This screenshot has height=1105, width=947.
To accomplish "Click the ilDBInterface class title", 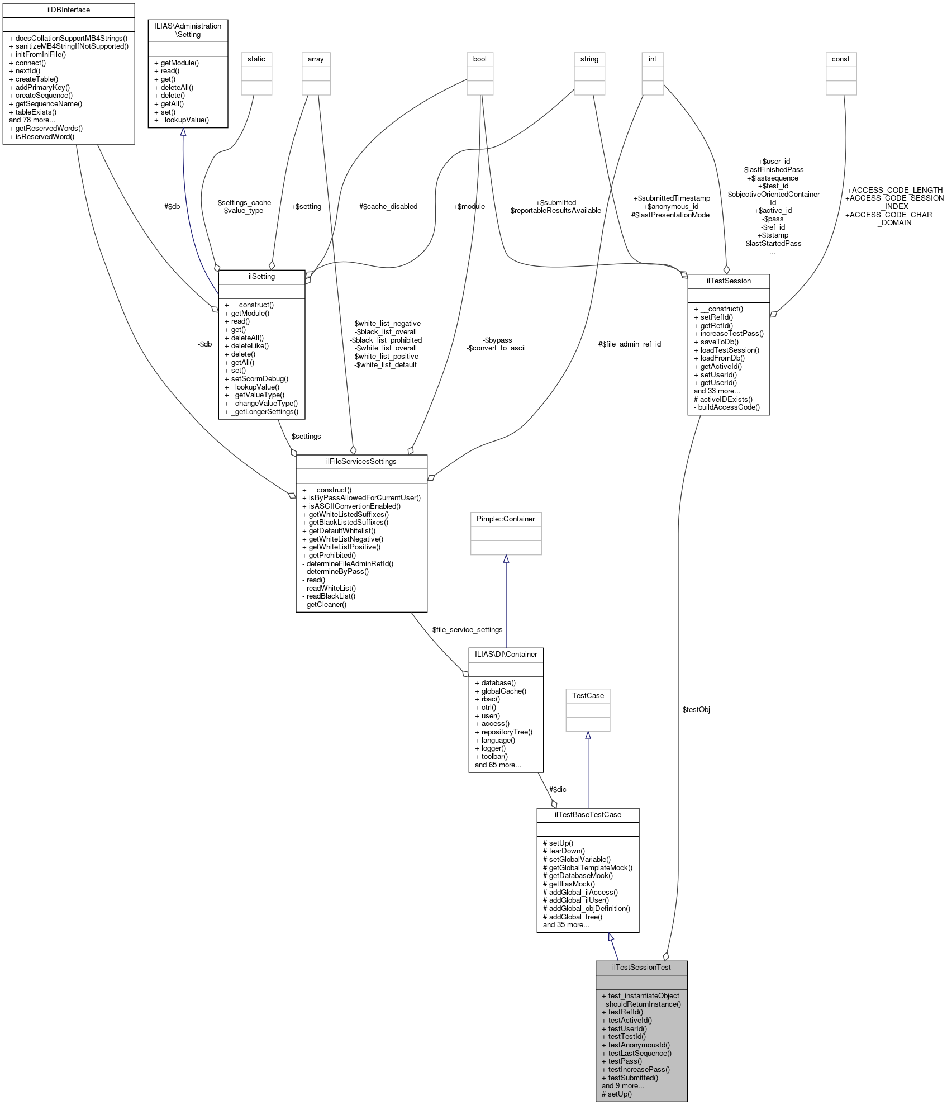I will pos(69,10).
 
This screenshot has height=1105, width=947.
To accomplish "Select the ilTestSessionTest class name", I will pos(641,967).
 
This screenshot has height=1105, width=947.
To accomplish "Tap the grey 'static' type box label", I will pos(256,59).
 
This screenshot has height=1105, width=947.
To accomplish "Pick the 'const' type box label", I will pos(840,59).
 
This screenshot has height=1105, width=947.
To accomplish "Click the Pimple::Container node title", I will pos(506,519).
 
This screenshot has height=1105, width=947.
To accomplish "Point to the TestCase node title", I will pos(588,695).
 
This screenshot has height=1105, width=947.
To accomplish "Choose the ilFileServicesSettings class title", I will pos(361,462).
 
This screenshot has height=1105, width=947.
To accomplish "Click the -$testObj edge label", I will pos(696,710).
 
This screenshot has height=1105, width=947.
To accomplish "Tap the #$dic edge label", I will pos(558,790).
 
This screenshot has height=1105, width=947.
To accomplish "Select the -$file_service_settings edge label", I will pos(467,630).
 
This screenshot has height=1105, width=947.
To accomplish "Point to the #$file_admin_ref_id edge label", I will pos(630,344).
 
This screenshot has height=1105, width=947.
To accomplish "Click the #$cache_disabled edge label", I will pos(388,207).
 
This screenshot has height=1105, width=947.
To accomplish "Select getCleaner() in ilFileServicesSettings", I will pos(326,605).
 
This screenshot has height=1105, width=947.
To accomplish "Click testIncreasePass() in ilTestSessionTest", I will pos(639,1070).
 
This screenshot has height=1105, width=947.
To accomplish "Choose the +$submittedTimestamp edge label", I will pos(672,198).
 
